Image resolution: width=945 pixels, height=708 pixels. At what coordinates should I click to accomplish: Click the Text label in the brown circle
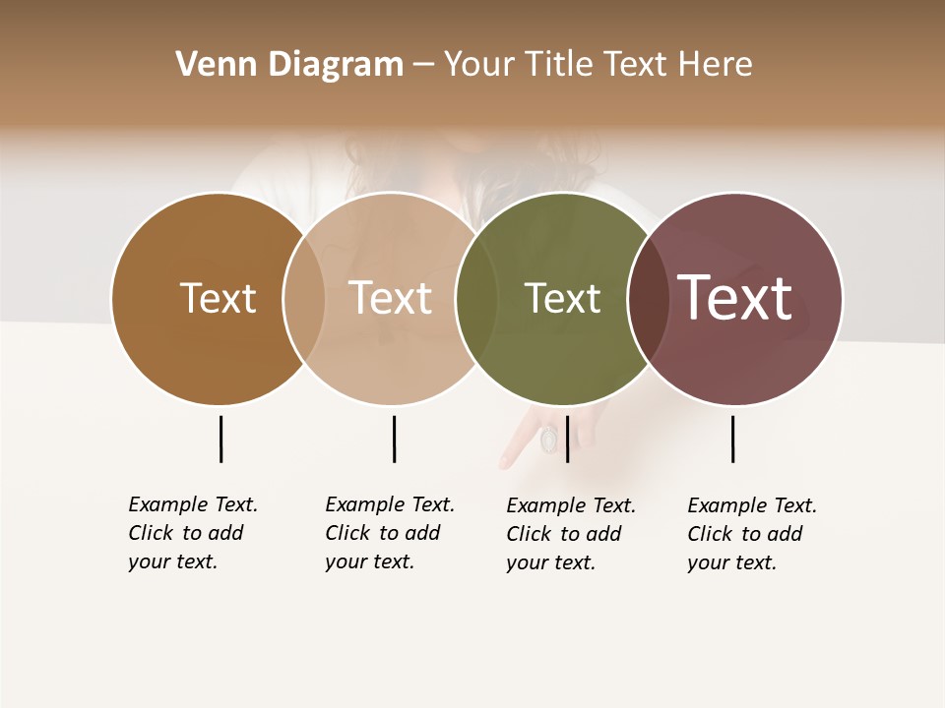(x=218, y=298)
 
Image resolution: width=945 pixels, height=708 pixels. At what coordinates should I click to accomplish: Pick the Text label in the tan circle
(x=391, y=298)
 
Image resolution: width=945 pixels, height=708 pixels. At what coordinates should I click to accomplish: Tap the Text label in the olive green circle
(x=562, y=298)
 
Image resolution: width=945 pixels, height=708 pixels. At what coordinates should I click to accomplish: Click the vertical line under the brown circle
(x=220, y=439)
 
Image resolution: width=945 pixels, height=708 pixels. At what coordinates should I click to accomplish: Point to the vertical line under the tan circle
(x=394, y=439)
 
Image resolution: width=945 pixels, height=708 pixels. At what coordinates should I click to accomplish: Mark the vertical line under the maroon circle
(x=732, y=439)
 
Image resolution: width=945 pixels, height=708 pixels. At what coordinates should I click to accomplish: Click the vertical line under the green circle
(x=567, y=439)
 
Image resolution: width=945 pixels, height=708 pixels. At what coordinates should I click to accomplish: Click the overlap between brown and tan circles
(x=304, y=298)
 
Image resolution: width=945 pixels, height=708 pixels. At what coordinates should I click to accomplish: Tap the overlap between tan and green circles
(x=476, y=298)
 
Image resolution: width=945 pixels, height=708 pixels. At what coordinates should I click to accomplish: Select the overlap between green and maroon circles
(x=648, y=298)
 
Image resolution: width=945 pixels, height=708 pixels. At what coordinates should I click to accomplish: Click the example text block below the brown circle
(x=193, y=533)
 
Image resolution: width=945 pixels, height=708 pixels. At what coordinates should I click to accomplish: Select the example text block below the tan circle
(x=390, y=533)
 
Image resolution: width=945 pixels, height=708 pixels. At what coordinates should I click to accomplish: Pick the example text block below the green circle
(x=571, y=534)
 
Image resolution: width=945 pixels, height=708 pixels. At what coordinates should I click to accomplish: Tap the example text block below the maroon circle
(x=752, y=534)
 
